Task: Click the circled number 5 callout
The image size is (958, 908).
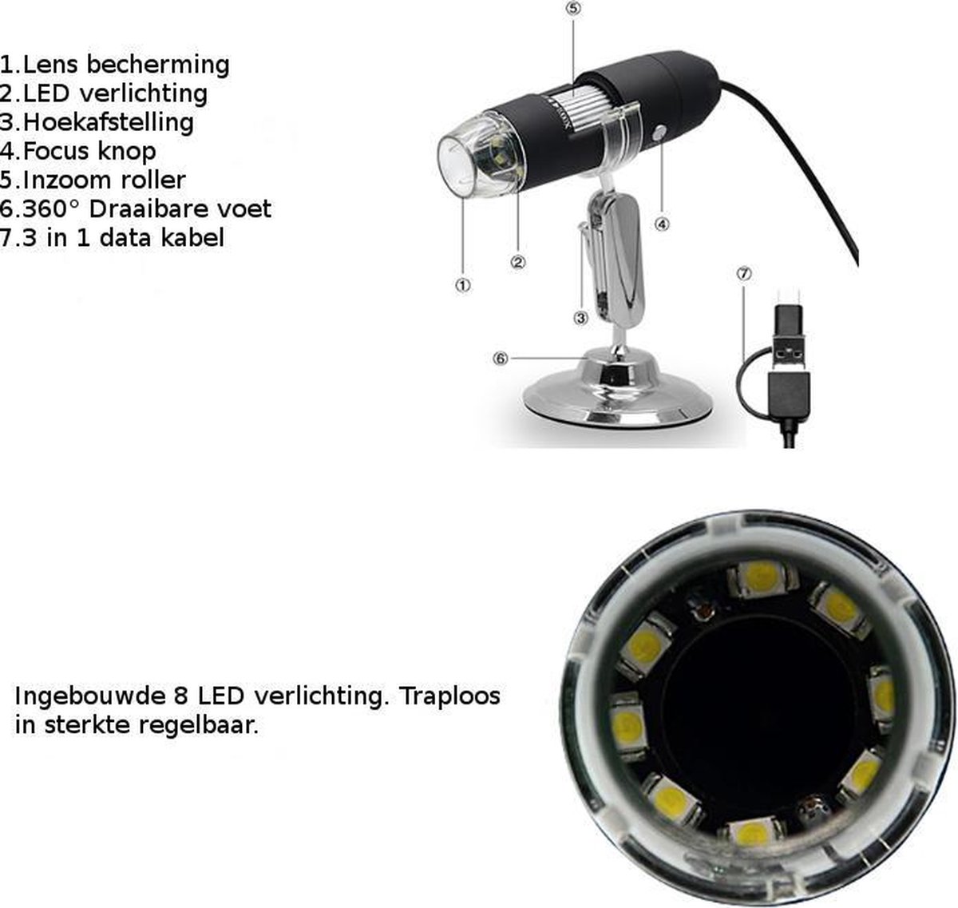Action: pyautogui.click(x=573, y=9)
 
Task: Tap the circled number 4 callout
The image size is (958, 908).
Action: pyautogui.click(x=661, y=224)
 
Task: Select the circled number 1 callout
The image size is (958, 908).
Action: pyautogui.click(x=463, y=285)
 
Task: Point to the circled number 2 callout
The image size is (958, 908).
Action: pyautogui.click(x=518, y=262)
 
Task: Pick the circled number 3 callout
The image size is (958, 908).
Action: pyautogui.click(x=580, y=319)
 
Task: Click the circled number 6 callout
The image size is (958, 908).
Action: pyautogui.click(x=501, y=359)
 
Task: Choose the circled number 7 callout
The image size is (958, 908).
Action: pyautogui.click(x=743, y=274)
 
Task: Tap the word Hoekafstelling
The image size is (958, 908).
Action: pyautogui.click(x=109, y=122)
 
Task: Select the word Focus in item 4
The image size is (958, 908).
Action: pyautogui.click(x=57, y=151)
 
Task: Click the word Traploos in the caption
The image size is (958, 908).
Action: pyautogui.click(x=449, y=696)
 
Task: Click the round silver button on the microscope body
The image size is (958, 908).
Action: pyautogui.click(x=659, y=133)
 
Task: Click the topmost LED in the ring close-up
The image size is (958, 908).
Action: pyautogui.click(x=762, y=578)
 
